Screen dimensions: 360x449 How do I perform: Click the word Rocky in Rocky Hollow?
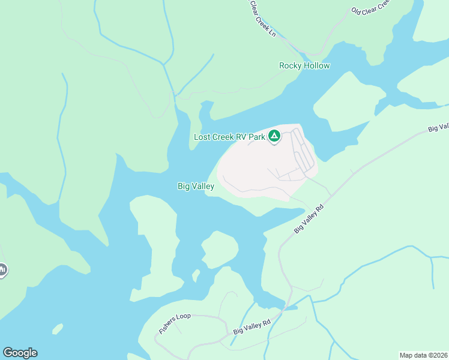291,66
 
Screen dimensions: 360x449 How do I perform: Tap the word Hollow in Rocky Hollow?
316,66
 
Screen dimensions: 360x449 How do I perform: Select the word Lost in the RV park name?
202,137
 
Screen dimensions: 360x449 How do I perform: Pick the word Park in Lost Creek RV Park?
258,137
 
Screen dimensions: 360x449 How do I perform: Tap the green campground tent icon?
274,137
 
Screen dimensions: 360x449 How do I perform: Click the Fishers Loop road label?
175,323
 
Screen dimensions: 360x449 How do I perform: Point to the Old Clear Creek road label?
371,7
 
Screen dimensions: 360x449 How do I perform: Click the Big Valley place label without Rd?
196,187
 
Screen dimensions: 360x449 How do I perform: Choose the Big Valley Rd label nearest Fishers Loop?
252,327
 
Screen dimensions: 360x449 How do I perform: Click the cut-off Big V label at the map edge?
439,127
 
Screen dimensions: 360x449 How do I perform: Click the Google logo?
20,353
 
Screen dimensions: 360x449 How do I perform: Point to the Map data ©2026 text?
424,355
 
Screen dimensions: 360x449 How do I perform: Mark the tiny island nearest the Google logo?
58,329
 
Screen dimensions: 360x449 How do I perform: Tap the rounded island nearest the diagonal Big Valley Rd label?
220,249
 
